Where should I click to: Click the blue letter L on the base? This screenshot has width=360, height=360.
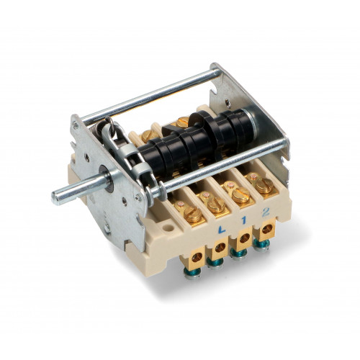coord(222,230)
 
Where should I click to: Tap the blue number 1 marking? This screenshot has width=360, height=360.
coord(244,220)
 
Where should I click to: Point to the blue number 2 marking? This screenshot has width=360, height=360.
coord(266,212)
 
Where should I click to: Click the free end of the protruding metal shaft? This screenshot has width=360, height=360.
coord(55,199)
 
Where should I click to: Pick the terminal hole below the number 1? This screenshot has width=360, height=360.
coord(244,238)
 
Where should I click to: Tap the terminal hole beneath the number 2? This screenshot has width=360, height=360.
coord(266,230)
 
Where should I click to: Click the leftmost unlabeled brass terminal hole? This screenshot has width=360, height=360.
coord(197,258)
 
